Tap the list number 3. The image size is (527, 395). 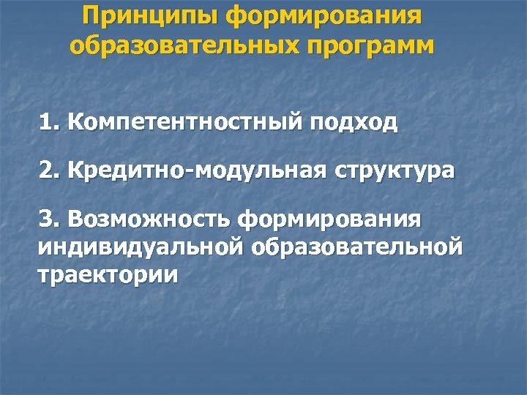click(49, 218)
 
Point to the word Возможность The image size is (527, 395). click(149, 219)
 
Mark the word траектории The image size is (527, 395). click(107, 275)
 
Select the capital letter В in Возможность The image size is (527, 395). click(73, 218)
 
